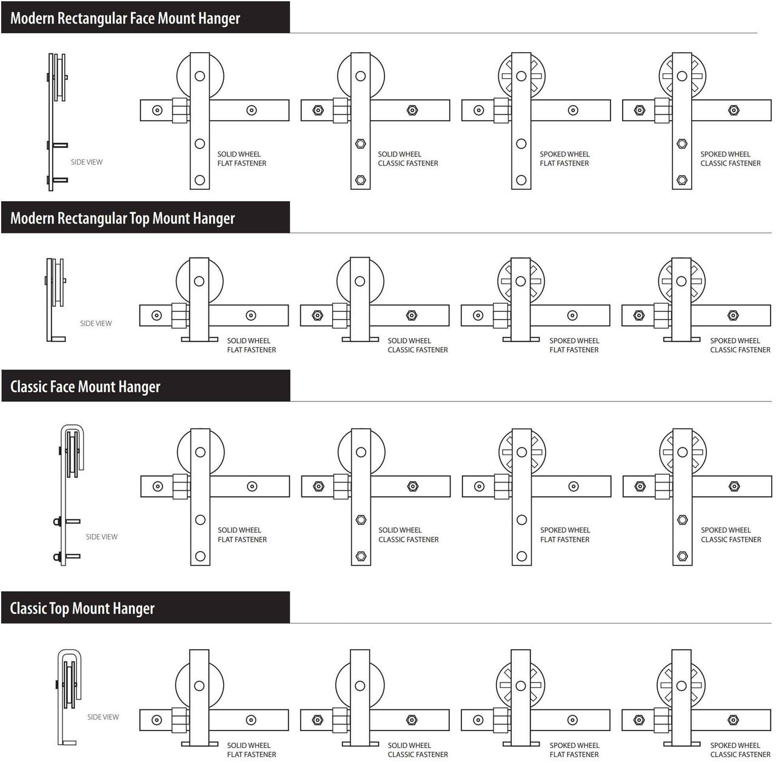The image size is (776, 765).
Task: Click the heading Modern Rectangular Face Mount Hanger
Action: (125, 19)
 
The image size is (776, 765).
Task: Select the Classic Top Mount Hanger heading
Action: (82, 608)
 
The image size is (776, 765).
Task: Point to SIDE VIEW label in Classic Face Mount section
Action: (101, 536)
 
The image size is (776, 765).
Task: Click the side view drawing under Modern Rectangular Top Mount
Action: (56, 300)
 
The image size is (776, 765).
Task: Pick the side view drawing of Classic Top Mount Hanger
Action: (69, 697)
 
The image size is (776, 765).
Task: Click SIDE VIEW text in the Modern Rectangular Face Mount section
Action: (87, 162)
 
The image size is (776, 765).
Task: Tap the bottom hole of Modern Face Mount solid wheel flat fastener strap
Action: (199, 180)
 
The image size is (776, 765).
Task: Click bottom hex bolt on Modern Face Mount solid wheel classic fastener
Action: (360, 180)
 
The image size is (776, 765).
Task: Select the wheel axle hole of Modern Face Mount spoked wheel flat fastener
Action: (521, 76)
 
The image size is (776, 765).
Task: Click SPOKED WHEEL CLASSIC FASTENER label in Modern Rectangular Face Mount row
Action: (731, 159)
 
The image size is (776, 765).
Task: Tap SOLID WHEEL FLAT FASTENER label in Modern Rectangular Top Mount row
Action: (251, 346)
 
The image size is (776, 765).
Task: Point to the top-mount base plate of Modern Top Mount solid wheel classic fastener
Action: (360, 339)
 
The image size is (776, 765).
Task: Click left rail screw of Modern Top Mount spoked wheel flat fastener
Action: (478, 315)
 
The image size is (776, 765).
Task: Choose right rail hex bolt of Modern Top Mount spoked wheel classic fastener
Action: (733, 315)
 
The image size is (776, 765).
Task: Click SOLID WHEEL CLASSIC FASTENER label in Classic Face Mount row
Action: (409, 535)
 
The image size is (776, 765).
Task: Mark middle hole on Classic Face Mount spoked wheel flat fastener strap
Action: (521, 520)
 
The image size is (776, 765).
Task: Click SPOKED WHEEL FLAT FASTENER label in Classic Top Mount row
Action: (574, 750)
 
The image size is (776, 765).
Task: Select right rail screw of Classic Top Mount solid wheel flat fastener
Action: (251, 720)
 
